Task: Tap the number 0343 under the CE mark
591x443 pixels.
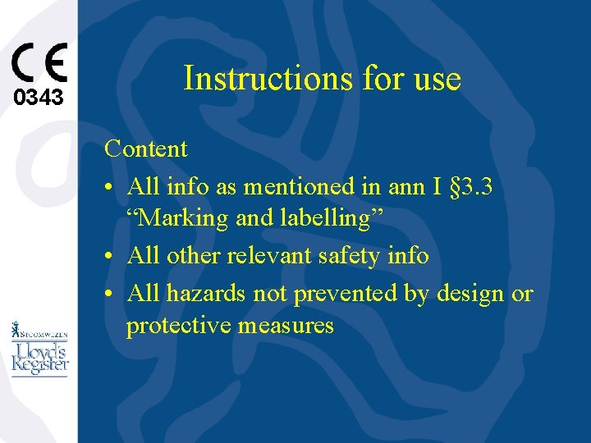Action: click(39, 98)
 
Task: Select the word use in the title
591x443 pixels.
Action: click(438, 79)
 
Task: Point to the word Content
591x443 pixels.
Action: click(145, 149)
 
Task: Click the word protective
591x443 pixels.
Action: click(178, 326)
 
